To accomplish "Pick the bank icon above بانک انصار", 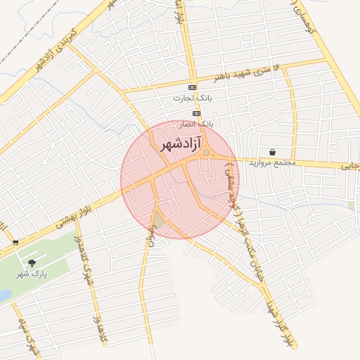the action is point(197,112).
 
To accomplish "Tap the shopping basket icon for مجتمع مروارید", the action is point(271,152).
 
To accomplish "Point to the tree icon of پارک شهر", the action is point(32,263).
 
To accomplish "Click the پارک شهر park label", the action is point(32,274).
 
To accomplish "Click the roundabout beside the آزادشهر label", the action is point(207,153).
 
